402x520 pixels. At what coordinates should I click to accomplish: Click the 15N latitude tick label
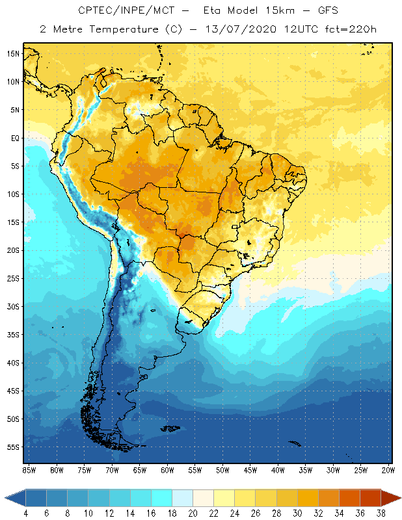click(x=14, y=54)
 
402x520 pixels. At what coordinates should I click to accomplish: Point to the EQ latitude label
click(x=14, y=138)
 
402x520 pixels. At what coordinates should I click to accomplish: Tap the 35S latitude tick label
click(x=14, y=335)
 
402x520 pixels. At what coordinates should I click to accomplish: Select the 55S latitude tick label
click(x=14, y=447)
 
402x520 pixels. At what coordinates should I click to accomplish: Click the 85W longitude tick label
click(x=29, y=470)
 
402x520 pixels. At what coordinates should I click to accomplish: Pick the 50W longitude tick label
click(x=222, y=470)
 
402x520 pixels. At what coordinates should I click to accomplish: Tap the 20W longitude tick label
click(x=388, y=470)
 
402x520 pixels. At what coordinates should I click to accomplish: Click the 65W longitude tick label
click(x=139, y=470)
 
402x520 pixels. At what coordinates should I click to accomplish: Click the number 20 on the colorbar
click(x=192, y=513)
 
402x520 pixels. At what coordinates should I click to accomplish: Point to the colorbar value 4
click(x=25, y=513)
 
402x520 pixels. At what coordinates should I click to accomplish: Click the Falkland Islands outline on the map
click(x=171, y=428)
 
